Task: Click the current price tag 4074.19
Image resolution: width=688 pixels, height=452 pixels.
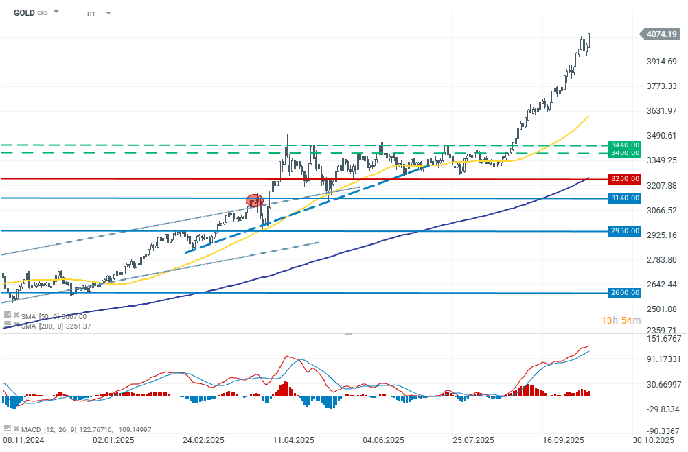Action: pyautogui.click(x=661, y=33)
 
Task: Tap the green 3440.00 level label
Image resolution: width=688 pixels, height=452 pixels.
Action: pyautogui.click(x=625, y=145)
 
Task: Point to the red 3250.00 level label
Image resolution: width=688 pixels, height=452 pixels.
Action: pyautogui.click(x=625, y=179)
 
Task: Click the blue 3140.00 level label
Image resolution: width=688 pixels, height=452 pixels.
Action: pyautogui.click(x=625, y=198)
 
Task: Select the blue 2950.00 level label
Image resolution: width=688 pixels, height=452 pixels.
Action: pyautogui.click(x=625, y=231)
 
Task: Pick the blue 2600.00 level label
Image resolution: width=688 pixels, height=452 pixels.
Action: pyautogui.click(x=625, y=293)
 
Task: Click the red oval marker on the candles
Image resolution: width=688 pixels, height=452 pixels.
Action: pyautogui.click(x=255, y=200)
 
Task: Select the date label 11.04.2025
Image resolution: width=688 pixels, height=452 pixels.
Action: pyautogui.click(x=293, y=440)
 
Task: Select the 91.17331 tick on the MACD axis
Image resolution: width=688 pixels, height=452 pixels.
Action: pyautogui.click(x=661, y=359)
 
